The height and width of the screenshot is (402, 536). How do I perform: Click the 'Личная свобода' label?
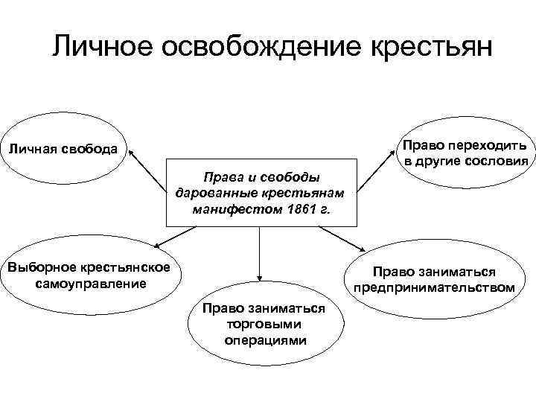63,148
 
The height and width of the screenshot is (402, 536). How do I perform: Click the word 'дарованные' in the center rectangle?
208,194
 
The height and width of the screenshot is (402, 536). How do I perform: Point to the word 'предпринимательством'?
434,287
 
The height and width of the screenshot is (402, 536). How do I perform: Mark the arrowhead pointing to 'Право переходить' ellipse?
397,151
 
